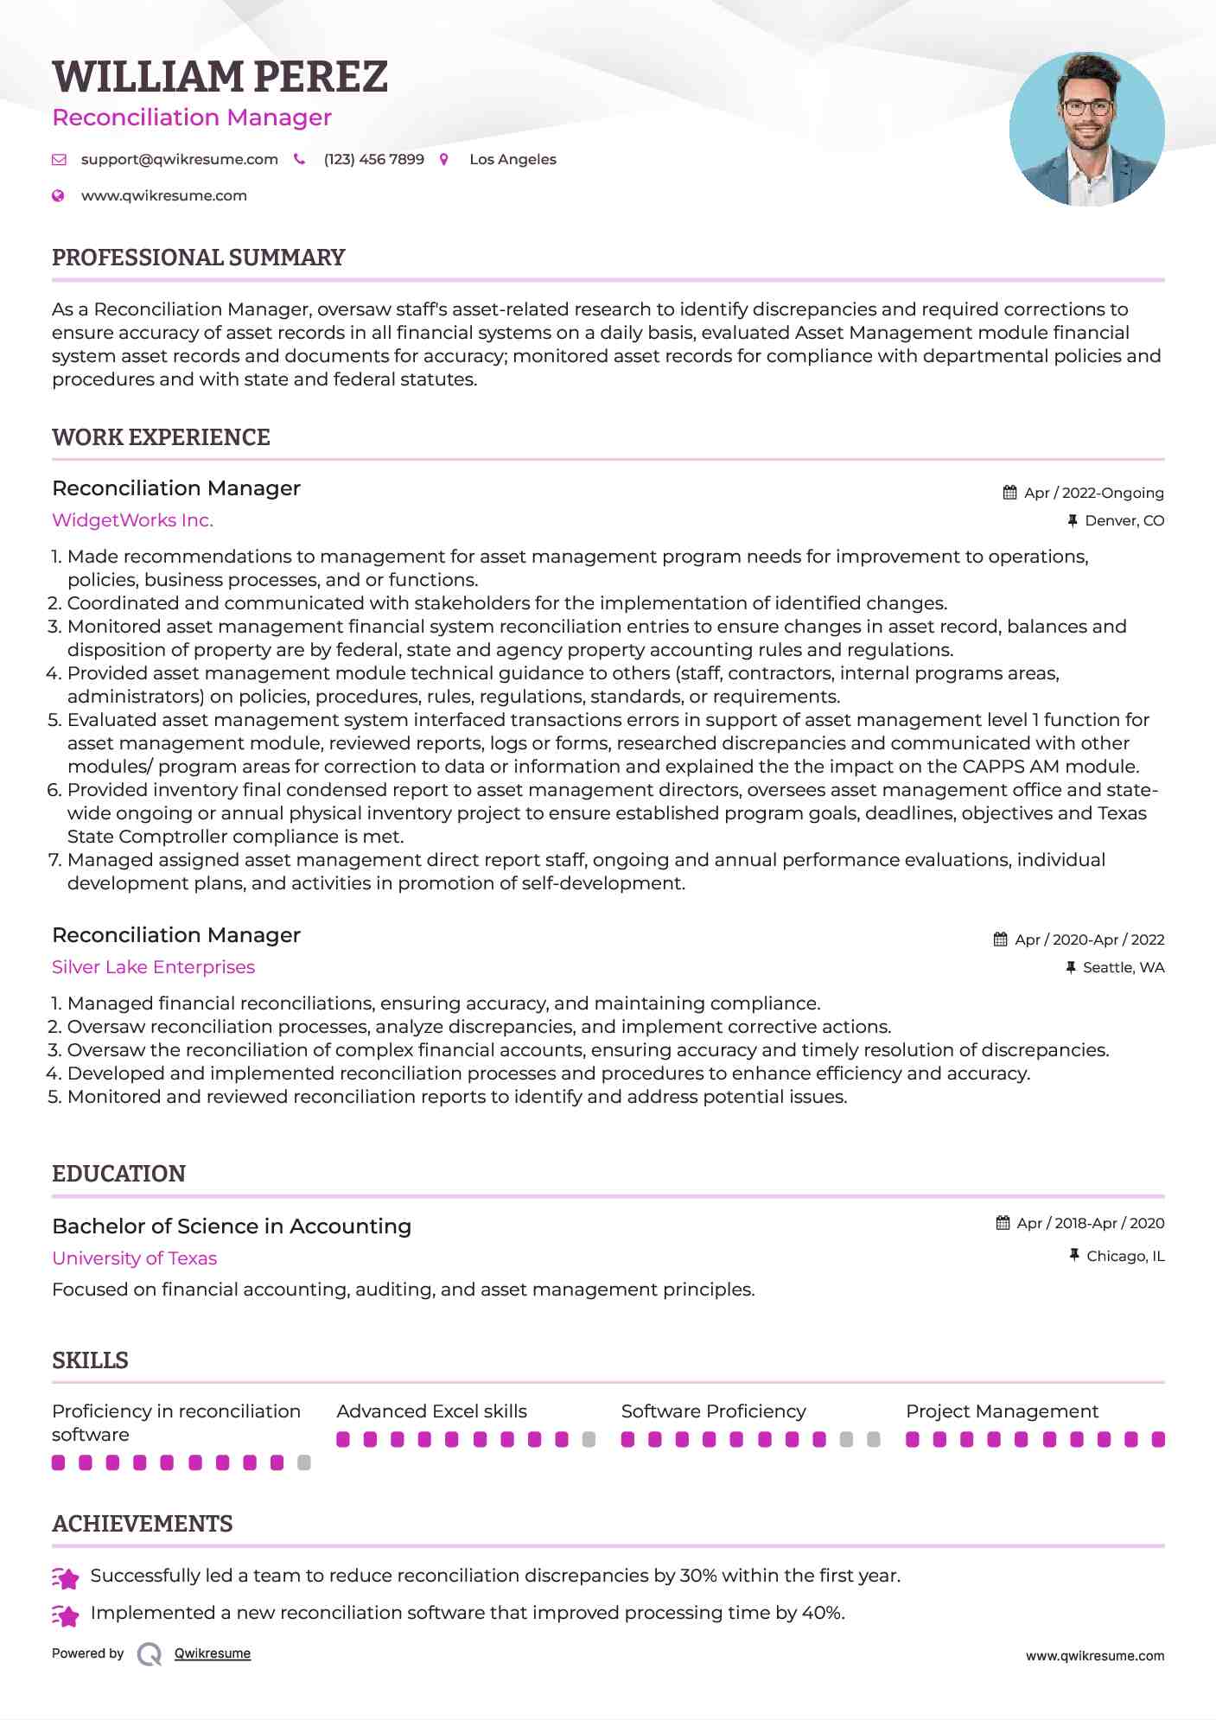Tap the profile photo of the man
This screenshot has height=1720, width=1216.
pos(1086,130)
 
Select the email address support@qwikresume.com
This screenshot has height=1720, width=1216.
pos(179,159)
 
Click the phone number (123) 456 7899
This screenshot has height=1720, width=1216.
pos(373,159)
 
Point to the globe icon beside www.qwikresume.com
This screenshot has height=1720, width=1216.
pos(58,195)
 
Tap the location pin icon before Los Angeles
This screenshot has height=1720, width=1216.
pos(444,159)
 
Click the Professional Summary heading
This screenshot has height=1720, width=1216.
pos(198,258)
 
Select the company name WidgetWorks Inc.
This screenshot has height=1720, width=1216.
pos(132,520)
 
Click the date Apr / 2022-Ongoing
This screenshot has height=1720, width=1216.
pos(1093,493)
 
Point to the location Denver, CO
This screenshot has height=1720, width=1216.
pos(1124,520)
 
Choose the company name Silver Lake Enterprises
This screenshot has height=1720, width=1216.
pos(153,967)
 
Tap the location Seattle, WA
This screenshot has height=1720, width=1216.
pos(1124,967)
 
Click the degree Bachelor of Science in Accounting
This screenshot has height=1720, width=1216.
pos(232,1226)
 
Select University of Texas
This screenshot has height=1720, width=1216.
pos(134,1258)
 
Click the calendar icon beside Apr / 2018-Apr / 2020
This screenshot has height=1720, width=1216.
pos(1003,1223)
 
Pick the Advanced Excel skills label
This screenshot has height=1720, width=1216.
pos(431,1411)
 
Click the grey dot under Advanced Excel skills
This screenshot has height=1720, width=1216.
pos(589,1439)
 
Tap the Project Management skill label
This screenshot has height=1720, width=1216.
pos(1002,1411)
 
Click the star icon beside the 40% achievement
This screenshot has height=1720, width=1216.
pos(66,1614)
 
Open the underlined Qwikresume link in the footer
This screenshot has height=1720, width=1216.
pos(213,1653)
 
